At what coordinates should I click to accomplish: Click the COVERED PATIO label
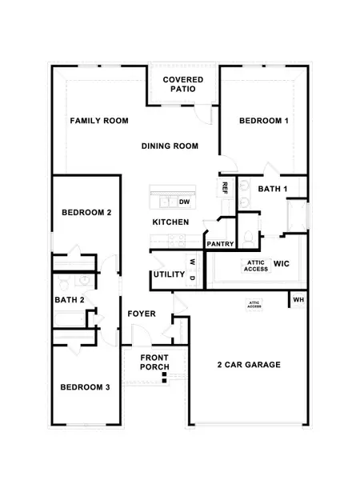pos(182,84)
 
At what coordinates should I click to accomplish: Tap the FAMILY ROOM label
pos(99,121)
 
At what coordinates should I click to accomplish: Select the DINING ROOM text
pos(169,146)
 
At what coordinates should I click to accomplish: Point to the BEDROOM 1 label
pos(263,121)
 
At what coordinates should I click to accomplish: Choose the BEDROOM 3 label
pos(85,388)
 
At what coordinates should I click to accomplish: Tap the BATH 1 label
pos(273,189)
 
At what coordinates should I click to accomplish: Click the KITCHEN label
pos(170,222)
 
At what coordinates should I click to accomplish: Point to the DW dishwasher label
pos(183,202)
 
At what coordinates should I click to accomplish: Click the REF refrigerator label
pos(225,188)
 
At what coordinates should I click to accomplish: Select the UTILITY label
pos(170,276)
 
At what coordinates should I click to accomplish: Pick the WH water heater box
pos(298,300)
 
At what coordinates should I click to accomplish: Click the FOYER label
pos(142,314)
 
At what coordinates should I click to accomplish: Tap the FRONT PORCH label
pos(154,362)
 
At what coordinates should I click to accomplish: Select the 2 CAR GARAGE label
pos(248,366)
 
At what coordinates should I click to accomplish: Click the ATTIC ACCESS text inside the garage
pos(254,304)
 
